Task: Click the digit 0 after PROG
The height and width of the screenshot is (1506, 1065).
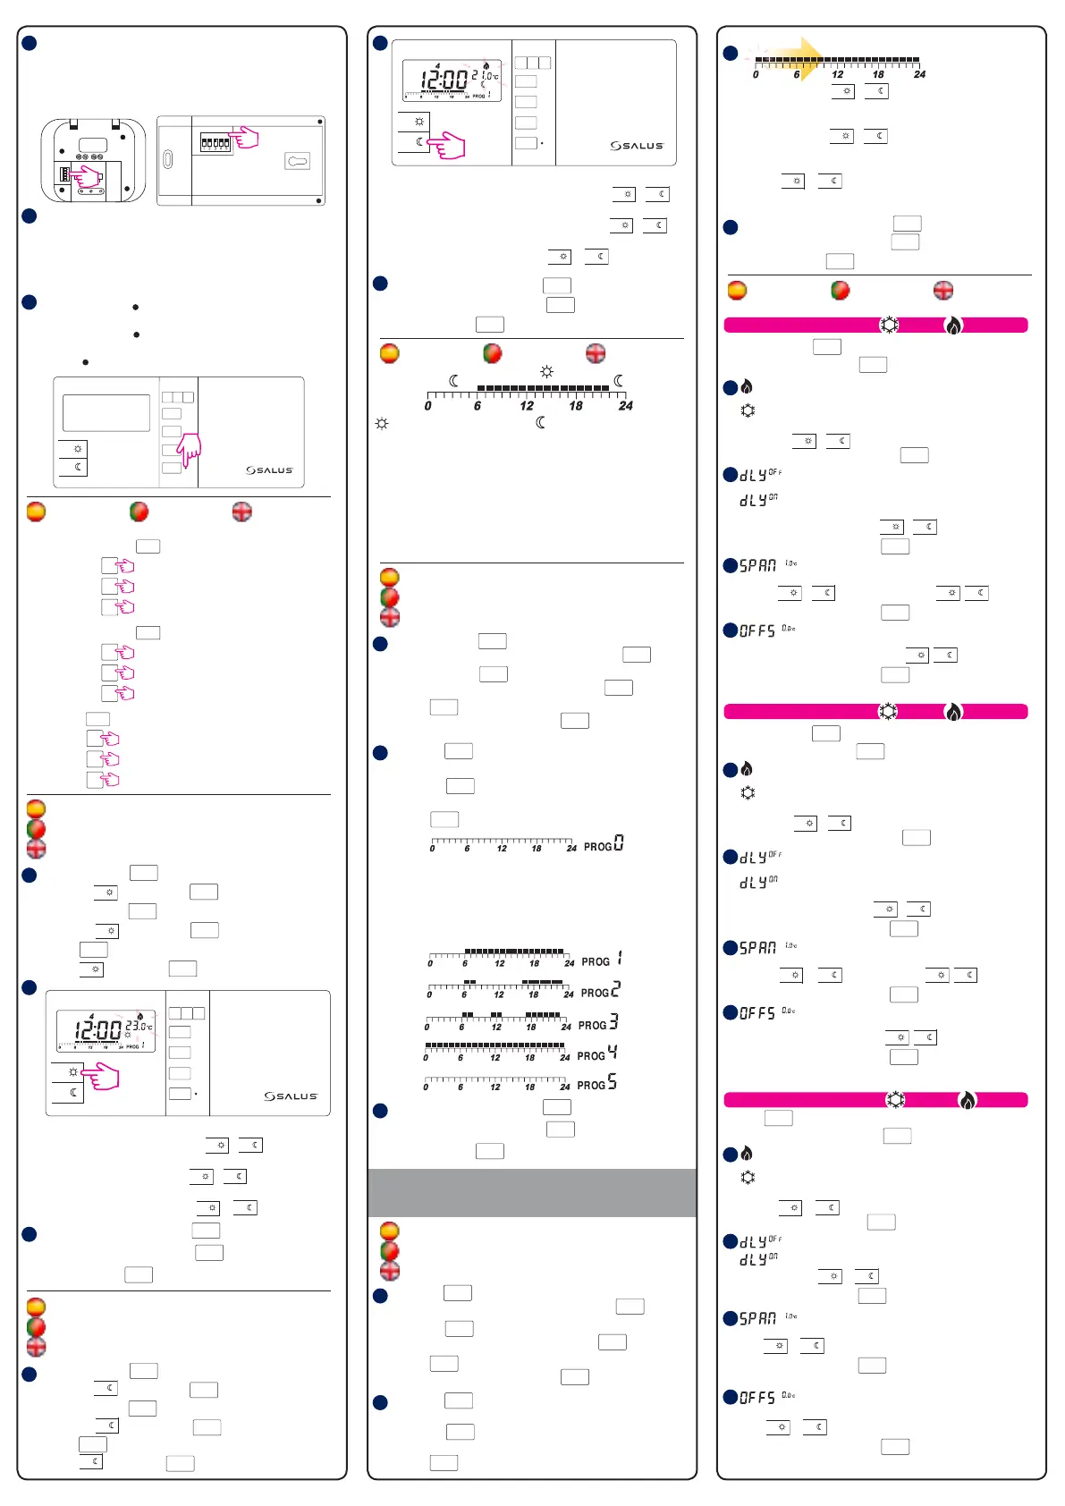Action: pos(619,843)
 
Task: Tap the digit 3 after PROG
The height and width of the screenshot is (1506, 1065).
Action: pos(613,1022)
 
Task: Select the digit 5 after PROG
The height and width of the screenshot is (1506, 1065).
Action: pos(613,1083)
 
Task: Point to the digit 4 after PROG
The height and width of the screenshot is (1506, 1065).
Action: pos(613,1053)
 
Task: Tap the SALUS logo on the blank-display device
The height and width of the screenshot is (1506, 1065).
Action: pos(269,470)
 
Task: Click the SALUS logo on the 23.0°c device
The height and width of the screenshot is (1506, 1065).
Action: pos(291,1096)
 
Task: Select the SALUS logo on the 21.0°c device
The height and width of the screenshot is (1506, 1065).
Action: pos(637,145)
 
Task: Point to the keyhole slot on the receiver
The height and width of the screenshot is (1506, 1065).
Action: pos(297,161)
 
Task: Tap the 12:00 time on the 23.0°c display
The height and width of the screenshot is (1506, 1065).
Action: pos(98,1030)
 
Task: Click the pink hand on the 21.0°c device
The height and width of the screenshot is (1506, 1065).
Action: pos(447,145)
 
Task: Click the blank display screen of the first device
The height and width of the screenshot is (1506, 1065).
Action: pos(106,413)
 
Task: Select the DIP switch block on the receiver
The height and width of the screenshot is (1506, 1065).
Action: pos(215,142)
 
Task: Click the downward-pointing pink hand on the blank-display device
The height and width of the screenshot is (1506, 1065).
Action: pos(189,450)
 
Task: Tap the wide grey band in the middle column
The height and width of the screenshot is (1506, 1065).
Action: pos(532,1192)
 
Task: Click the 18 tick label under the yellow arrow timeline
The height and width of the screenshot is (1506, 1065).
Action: pos(878,75)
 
